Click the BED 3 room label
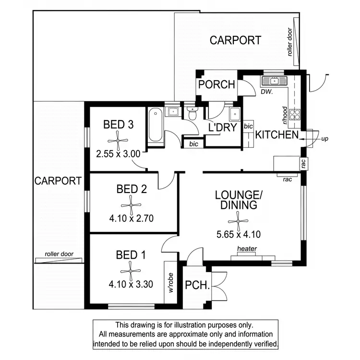[118, 125]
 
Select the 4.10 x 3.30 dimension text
[131, 284]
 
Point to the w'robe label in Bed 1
[170, 283]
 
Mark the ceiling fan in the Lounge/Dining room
[236, 221]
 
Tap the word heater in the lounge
[247, 249]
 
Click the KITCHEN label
[276, 135]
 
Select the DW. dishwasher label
[266, 92]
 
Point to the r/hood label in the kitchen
[285, 115]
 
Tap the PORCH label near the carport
[217, 85]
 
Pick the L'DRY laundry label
[222, 128]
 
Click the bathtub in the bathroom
[155, 125]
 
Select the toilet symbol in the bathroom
[192, 115]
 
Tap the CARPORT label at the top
[235, 40]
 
